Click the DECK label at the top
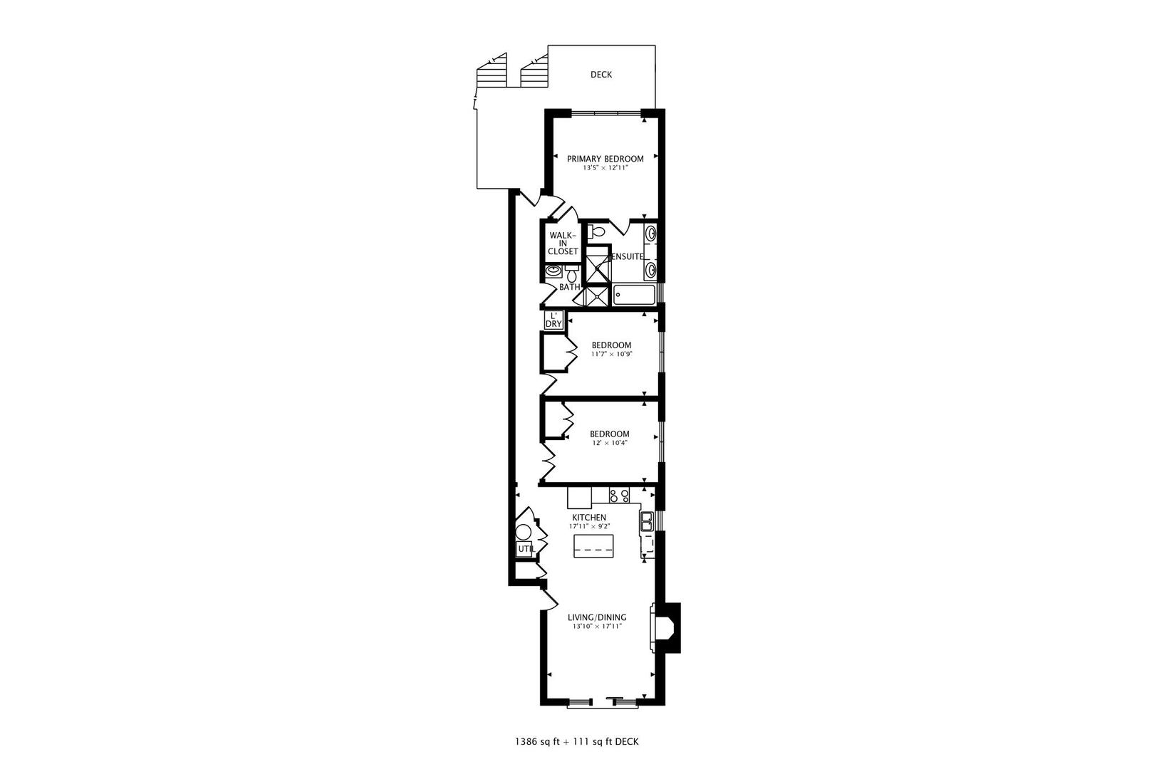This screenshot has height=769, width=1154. click(x=601, y=75)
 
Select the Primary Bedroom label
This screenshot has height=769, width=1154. click(x=605, y=159)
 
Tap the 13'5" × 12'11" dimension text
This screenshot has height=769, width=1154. click(x=605, y=169)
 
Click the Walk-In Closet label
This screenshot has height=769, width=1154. click(x=563, y=243)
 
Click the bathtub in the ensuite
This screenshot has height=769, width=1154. click(x=634, y=295)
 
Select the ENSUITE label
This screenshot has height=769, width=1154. click(x=628, y=256)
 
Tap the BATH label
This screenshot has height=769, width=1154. click(x=568, y=287)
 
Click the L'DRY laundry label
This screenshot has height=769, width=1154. click(x=553, y=320)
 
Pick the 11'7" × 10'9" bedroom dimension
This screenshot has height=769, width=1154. click(x=611, y=354)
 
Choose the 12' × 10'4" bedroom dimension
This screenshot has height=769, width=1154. click(x=609, y=443)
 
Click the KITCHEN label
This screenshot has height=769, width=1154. click(x=589, y=518)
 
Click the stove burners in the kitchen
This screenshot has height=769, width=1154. click(x=619, y=496)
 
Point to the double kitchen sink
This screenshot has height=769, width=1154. click(x=647, y=522)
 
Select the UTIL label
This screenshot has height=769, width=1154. click(x=525, y=549)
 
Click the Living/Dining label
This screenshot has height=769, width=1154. click(x=597, y=617)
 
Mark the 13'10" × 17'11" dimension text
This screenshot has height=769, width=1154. click(x=597, y=627)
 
